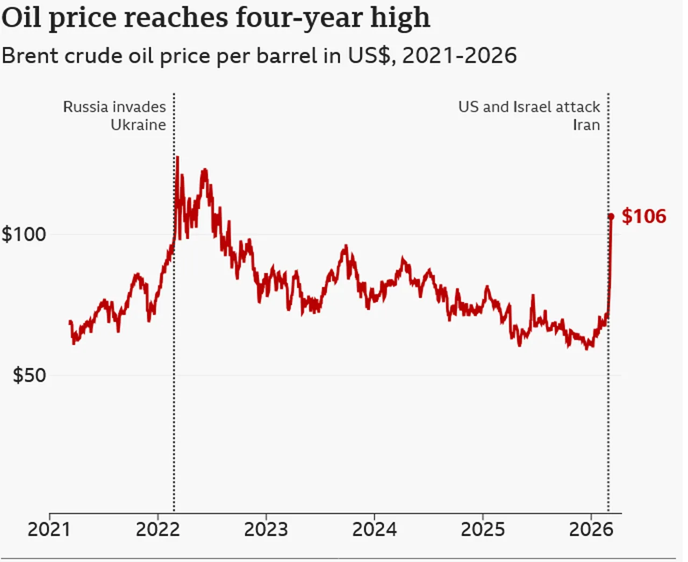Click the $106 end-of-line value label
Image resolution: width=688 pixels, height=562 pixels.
643,216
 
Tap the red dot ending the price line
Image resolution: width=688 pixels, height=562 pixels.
611,216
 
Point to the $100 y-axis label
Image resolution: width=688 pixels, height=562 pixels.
24,234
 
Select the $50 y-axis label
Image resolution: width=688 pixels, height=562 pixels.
30,375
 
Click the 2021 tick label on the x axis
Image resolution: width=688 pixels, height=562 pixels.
49,529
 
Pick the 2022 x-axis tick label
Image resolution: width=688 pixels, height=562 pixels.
157,529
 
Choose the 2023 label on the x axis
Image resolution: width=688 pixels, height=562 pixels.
266,529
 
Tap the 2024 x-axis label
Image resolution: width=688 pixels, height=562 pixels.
374,529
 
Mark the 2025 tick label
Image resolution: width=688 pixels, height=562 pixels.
483,529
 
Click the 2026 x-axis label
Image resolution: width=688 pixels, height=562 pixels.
591,529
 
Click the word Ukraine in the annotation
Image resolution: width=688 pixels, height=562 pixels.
138,125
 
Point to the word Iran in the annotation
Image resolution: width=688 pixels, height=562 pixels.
586,125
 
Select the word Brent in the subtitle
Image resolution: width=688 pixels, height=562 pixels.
30,55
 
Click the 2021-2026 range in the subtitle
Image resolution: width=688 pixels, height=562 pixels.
459,55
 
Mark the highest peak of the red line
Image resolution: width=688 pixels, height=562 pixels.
177,157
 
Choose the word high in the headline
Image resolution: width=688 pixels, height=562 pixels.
400,18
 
